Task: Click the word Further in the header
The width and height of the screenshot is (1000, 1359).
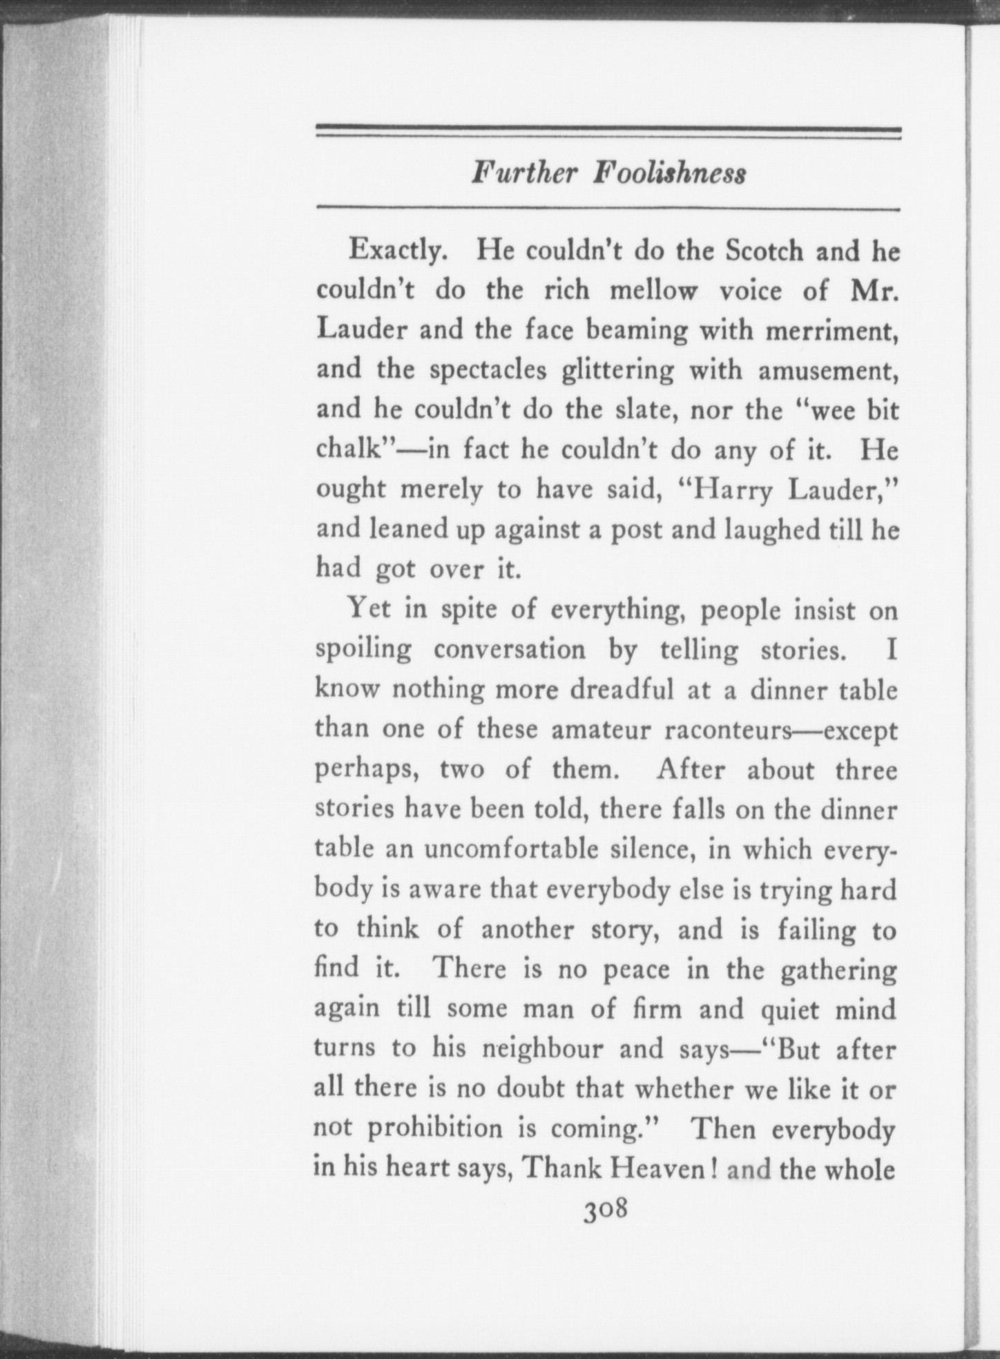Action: (523, 173)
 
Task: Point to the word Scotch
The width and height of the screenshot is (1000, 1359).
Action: (765, 249)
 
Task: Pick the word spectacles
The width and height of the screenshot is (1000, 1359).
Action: (488, 372)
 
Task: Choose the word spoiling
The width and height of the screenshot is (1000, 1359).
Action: (363, 650)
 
